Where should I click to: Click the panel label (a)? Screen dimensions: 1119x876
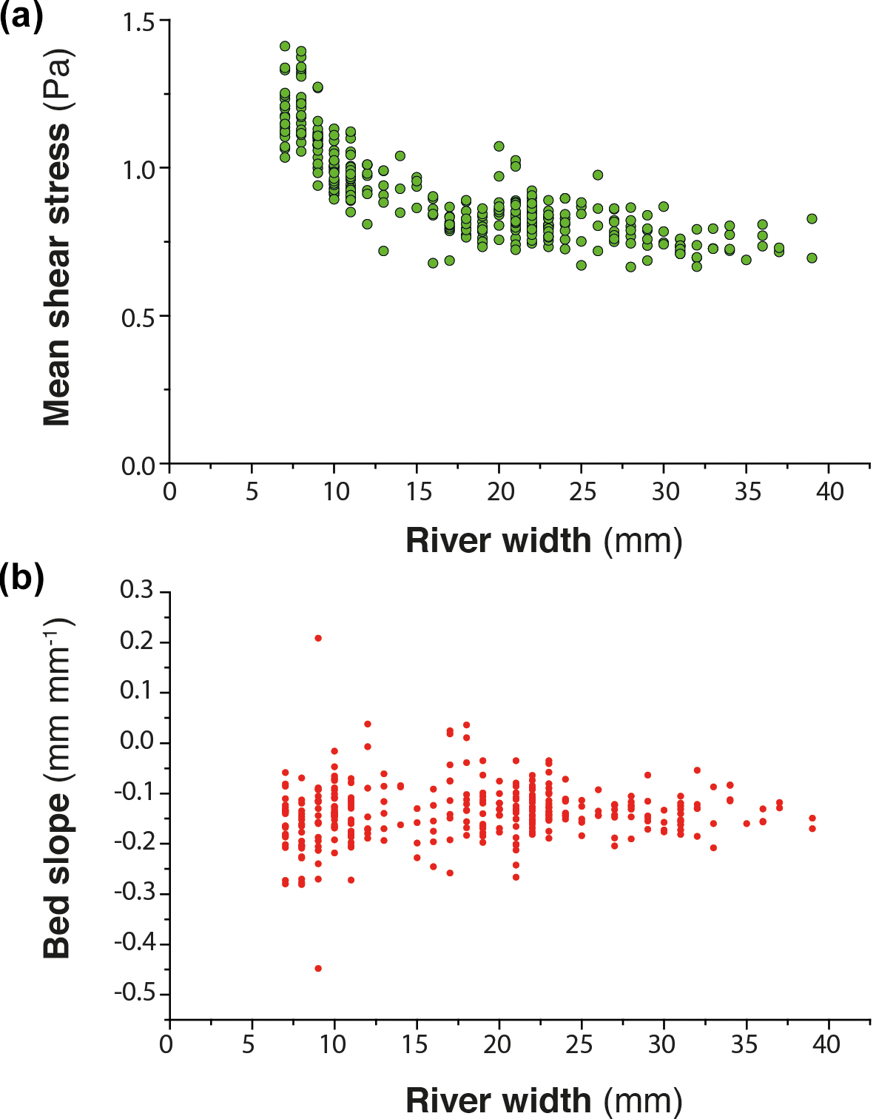(x=21, y=16)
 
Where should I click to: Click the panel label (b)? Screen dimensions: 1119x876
(x=21, y=577)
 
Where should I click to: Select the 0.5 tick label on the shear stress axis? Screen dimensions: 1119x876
(x=140, y=317)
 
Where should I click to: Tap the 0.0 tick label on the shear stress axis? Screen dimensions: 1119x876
(x=140, y=466)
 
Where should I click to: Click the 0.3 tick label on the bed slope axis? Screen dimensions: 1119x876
(x=137, y=591)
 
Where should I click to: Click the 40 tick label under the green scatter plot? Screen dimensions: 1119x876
(x=829, y=491)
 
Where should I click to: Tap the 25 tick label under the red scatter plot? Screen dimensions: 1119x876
(x=579, y=1044)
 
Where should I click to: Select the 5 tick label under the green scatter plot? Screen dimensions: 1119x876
(x=252, y=491)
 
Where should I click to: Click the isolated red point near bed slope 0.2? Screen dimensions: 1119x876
(x=318, y=638)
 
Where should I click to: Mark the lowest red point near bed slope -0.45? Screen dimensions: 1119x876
(x=318, y=968)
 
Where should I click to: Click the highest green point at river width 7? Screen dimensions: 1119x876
(x=285, y=46)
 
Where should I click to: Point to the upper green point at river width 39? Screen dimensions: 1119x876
(x=812, y=218)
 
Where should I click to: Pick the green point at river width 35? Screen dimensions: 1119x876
(x=746, y=260)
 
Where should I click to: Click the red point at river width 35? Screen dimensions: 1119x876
(x=747, y=824)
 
